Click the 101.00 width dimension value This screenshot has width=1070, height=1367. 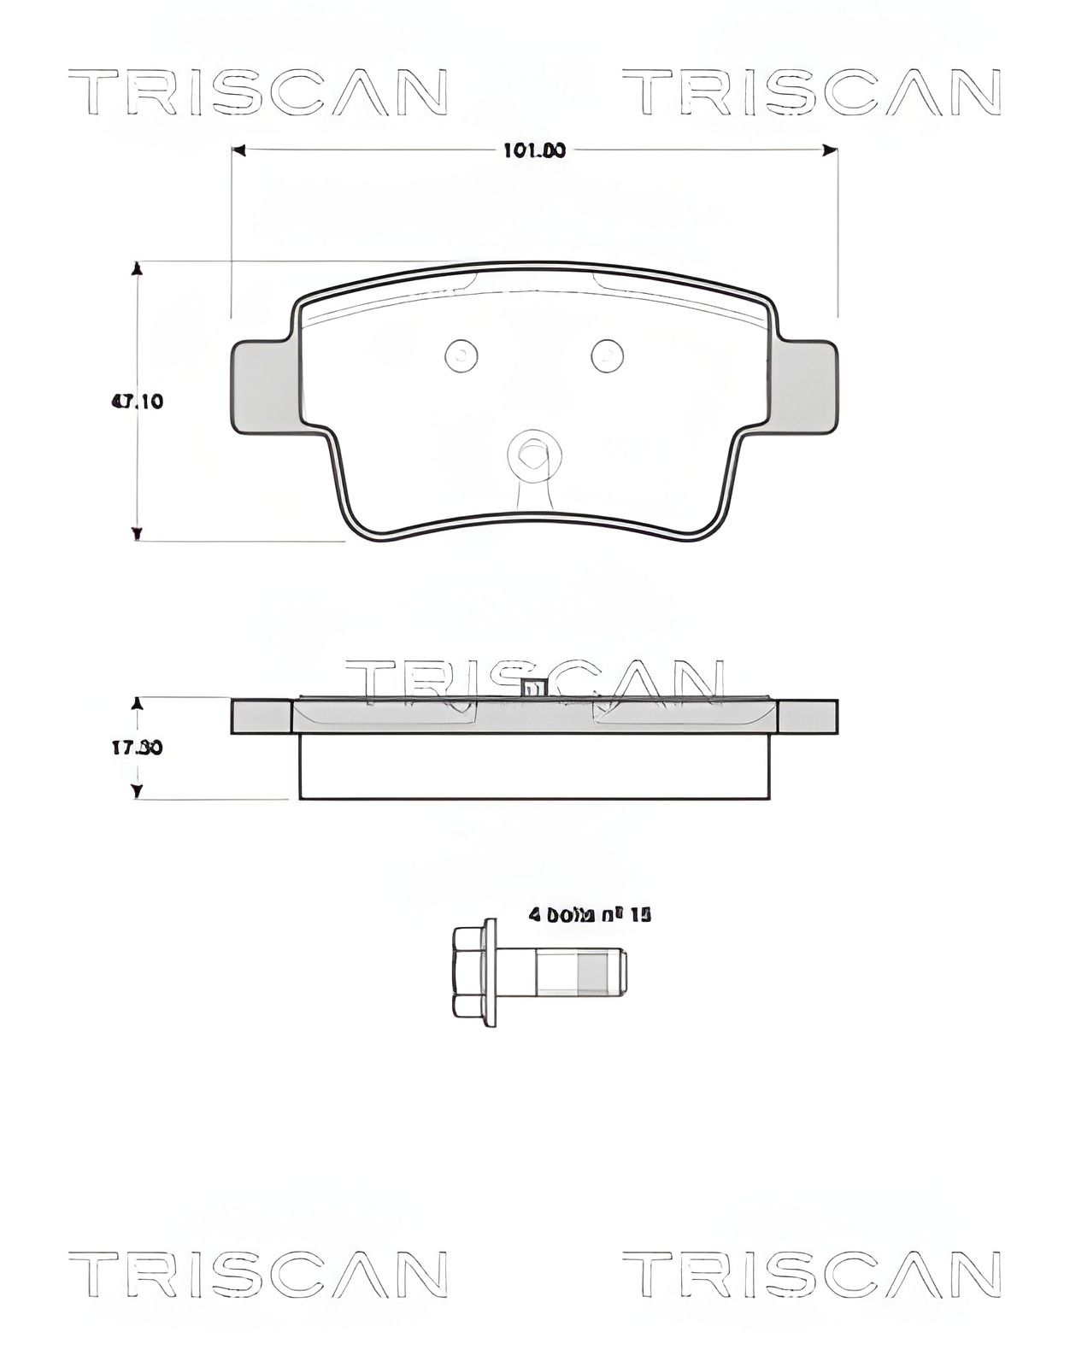coord(534,151)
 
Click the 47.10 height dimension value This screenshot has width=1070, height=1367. coord(137,401)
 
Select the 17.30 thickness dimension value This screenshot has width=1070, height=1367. coord(137,748)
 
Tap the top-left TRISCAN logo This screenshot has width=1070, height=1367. coord(257,92)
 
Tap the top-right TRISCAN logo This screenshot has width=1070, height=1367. coord(812,92)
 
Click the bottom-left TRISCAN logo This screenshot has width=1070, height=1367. coord(257,1274)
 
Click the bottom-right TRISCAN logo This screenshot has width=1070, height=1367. coord(812,1274)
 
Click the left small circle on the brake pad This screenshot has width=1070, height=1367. coord(462,355)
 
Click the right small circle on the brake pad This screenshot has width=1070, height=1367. coord(608,355)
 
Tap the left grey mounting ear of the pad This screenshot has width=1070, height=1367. coord(261,386)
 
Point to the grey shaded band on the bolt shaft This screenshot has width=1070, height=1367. coord(591,973)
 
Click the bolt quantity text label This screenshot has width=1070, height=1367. coord(590,915)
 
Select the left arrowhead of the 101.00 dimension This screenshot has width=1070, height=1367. coord(240,151)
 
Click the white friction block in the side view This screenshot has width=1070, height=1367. coord(534,766)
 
